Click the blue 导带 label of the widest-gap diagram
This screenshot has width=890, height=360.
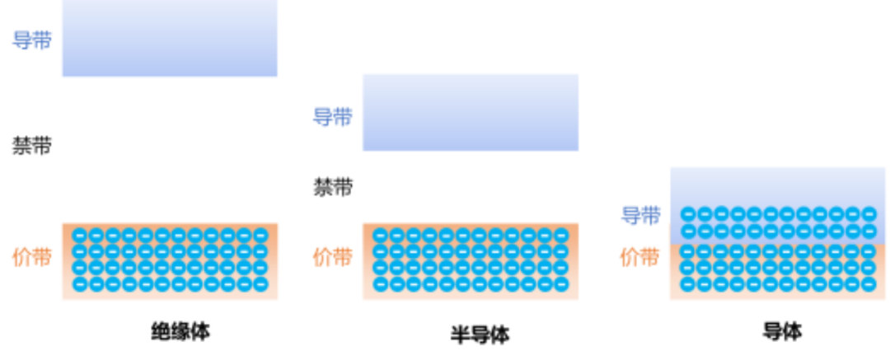coord(32,40)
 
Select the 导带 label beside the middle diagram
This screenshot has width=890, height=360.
coord(333,117)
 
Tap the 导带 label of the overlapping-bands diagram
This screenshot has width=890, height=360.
coord(641,215)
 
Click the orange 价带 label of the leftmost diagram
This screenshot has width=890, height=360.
coord(32,256)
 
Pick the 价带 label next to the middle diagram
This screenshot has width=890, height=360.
coord(333,256)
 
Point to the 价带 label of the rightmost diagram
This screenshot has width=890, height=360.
coord(640,256)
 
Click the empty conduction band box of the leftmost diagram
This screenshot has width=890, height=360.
coord(169,40)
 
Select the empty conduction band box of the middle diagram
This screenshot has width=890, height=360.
coord(470,112)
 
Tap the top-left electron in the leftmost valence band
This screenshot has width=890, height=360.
coord(80,235)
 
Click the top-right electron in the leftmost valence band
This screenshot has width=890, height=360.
coord(260,235)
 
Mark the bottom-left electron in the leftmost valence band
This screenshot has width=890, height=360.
coord(80,284)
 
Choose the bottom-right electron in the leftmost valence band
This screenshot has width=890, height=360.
coord(260,284)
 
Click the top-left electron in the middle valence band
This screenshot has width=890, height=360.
coord(381,235)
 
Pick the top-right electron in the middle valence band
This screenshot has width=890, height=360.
coord(561,235)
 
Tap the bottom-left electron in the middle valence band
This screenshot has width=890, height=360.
coord(381,284)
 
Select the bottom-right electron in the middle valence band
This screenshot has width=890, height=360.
coord(561,284)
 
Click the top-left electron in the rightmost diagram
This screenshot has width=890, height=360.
coord(688,213)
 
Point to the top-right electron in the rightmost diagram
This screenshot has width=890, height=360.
coord(869,213)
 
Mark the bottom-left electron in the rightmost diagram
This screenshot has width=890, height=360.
coord(688,284)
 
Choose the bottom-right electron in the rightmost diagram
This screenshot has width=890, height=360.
coord(869,284)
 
